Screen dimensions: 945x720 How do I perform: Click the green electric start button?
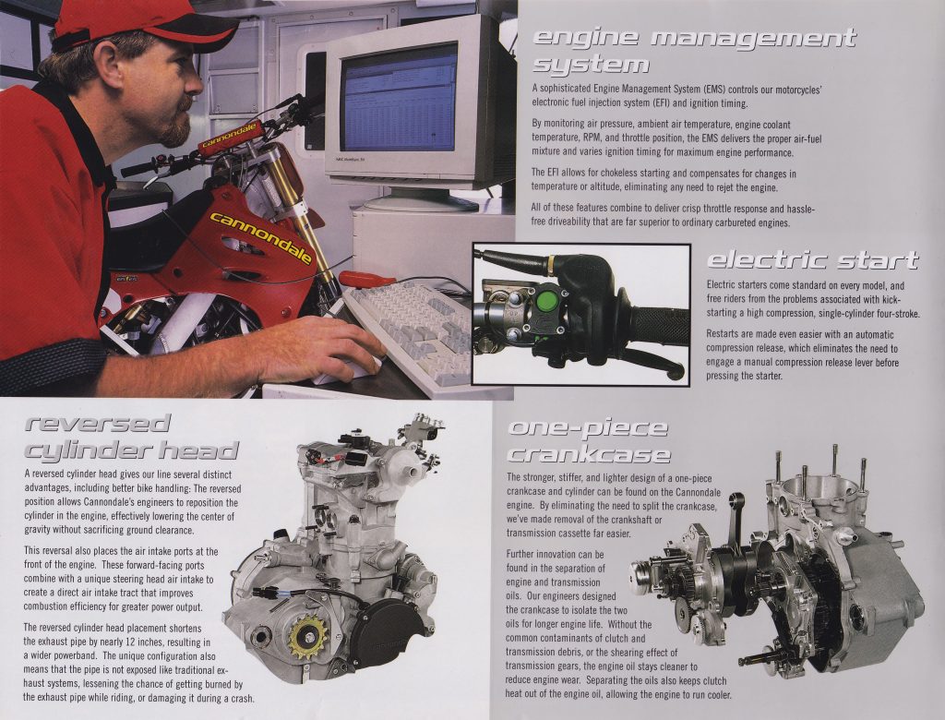coord(547,301)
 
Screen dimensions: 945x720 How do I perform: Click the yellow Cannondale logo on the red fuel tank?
coord(261,236)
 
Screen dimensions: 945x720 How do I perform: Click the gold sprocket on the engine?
coord(308,636)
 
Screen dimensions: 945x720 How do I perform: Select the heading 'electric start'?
coord(812,260)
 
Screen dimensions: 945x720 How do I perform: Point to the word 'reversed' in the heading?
coord(98,424)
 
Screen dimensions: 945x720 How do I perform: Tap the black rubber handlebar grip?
coord(659,326)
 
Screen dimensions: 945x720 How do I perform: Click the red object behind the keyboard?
coord(365,279)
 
